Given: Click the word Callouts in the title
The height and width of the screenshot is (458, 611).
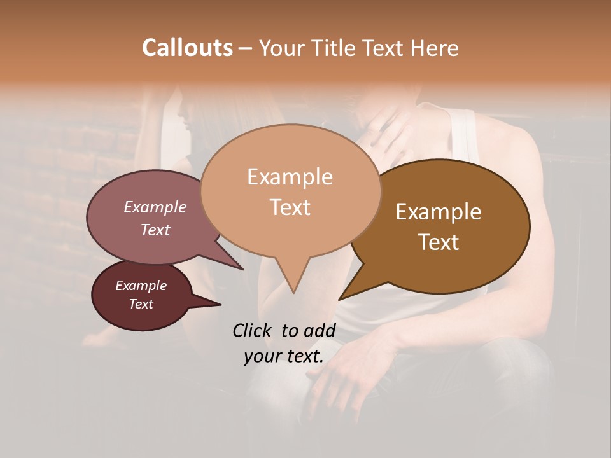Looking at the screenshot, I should pyautogui.click(x=187, y=48).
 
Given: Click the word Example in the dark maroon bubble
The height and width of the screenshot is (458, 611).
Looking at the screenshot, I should pyautogui.click(x=141, y=286).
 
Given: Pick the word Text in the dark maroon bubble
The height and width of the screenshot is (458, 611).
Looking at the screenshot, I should pyautogui.click(x=141, y=304).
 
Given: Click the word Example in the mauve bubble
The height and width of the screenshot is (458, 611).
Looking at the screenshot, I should pyautogui.click(x=155, y=207).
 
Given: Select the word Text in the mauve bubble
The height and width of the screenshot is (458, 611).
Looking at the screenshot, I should pyautogui.click(x=155, y=230).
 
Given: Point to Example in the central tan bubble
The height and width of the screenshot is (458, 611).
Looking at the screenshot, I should pyautogui.click(x=290, y=177).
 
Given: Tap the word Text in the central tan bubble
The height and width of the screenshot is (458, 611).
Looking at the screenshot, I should pyautogui.click(x=290, y=207).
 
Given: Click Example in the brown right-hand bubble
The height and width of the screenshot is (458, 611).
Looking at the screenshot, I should pyautogui.click(x=439, y=212).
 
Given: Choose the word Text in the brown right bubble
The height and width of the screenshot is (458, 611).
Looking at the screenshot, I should pyautogui.click(x=439, y=242).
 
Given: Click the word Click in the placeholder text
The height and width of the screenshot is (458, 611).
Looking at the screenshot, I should pyautogui.click(x=253, y=330).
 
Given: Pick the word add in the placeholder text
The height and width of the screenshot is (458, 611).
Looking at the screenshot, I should pyautogui.click(x=320, y=330).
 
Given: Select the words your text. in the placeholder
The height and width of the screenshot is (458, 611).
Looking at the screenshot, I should pyautogui.click(x=283, y=356).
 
